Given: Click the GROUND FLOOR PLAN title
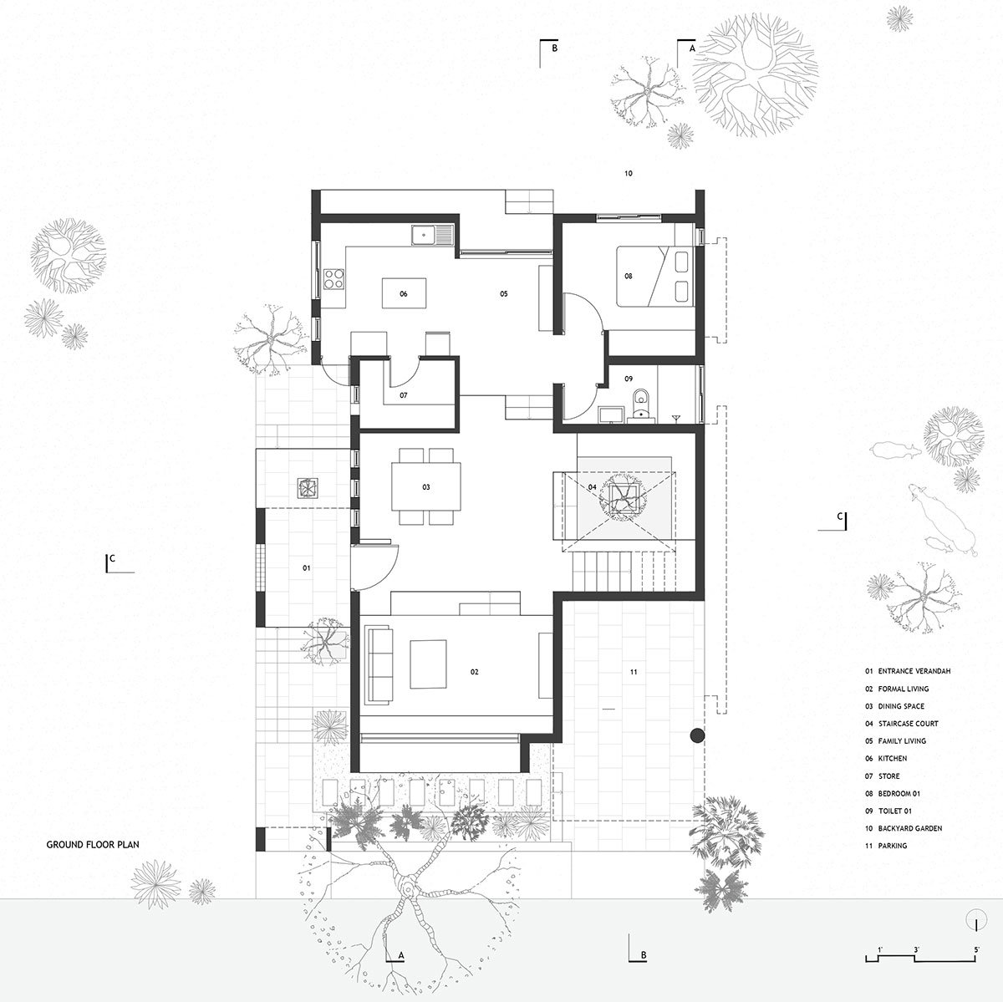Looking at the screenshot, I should (x=92, y=845).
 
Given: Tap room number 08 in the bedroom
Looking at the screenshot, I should (x=629, y=275).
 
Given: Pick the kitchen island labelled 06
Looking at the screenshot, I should (x=404, y=294).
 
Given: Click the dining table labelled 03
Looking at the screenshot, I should (x=425, y=486).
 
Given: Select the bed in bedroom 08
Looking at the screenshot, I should (x=657, y=276).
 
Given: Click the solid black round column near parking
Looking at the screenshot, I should (x=697, y=735).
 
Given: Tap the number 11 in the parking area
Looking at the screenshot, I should (x=633, y=671).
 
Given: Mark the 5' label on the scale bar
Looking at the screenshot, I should (x=976, y=950).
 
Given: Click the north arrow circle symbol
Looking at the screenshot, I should (x=976, y=922).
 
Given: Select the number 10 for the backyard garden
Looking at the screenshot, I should (x=629, y=174).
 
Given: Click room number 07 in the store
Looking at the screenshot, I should (x=403, y=394).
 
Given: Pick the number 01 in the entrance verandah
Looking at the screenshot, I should (x=306, y=568).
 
